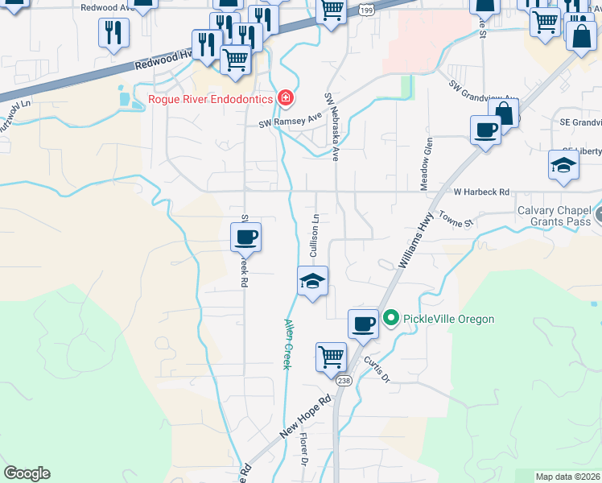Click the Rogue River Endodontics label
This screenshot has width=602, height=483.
coord(211,100)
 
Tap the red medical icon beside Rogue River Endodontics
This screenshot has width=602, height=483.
coord(284,99)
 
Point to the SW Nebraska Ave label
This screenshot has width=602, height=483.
coord(331,127)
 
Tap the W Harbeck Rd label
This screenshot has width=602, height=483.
coord(481,192)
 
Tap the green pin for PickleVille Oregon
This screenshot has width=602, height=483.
coord(390,319)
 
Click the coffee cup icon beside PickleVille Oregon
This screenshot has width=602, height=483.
coord(363,323)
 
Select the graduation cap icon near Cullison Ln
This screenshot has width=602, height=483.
coord(312,280)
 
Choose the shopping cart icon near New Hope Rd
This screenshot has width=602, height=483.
coord(331,357)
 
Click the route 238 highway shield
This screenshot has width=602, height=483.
coord(344,381)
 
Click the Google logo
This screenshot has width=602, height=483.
coord(27,473)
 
